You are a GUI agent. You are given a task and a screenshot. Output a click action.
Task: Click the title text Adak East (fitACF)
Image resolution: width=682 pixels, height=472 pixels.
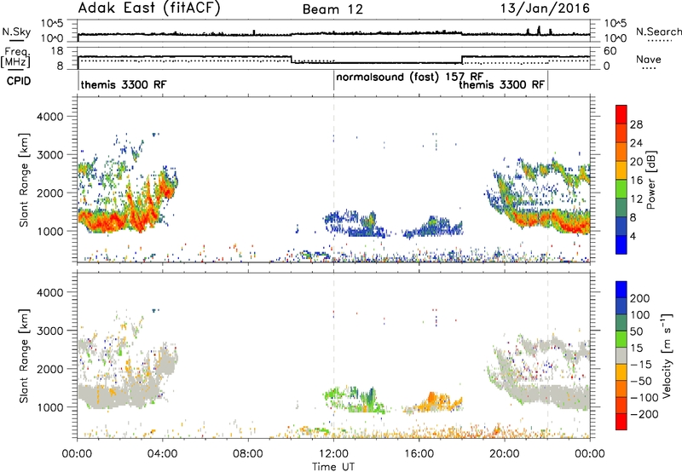(149, 8)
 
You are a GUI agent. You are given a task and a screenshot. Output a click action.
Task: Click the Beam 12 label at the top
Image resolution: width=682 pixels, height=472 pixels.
(332, 9)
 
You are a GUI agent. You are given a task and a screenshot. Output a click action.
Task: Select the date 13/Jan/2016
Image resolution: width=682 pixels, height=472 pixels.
(545, 9)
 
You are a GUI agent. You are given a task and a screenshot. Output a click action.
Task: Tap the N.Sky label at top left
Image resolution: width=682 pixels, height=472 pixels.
(16, 32)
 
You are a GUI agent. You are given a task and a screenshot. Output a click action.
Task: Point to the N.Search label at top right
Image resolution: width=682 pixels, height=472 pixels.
(658, 32)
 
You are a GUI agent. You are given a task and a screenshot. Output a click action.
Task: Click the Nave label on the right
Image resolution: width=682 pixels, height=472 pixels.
(649, 59)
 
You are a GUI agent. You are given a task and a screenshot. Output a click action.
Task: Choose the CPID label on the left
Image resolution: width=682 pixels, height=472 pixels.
(19, 81)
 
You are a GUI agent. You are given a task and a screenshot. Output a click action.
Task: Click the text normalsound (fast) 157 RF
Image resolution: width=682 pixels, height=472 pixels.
(409, 77)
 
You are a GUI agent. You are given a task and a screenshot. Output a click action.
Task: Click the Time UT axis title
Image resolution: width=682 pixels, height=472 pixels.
(333, 467)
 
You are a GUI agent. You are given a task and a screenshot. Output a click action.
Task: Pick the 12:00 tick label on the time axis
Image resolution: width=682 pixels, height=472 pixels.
(333, 454)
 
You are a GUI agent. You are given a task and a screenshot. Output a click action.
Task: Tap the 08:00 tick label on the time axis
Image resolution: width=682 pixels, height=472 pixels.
(248, 454)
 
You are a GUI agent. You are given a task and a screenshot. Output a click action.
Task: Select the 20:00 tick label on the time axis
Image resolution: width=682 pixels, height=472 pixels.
(505, 454)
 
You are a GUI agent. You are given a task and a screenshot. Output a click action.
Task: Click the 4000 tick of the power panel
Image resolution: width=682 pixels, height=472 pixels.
(49, 117)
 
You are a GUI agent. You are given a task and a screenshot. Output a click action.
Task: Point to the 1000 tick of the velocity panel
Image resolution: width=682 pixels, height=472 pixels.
(49, 407)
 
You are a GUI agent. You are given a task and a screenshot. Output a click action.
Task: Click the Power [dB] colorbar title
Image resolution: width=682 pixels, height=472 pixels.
(650, 180)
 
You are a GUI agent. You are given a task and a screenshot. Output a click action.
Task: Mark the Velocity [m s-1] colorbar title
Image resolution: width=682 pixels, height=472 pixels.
(667, 355)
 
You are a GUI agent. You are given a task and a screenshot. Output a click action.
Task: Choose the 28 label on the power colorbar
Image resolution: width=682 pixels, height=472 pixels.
(636, 124)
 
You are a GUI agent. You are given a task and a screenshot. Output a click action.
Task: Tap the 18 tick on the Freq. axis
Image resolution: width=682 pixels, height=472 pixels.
(57, 51)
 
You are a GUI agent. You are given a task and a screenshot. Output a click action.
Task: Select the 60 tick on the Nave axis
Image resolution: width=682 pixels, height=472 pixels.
(610, 51)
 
